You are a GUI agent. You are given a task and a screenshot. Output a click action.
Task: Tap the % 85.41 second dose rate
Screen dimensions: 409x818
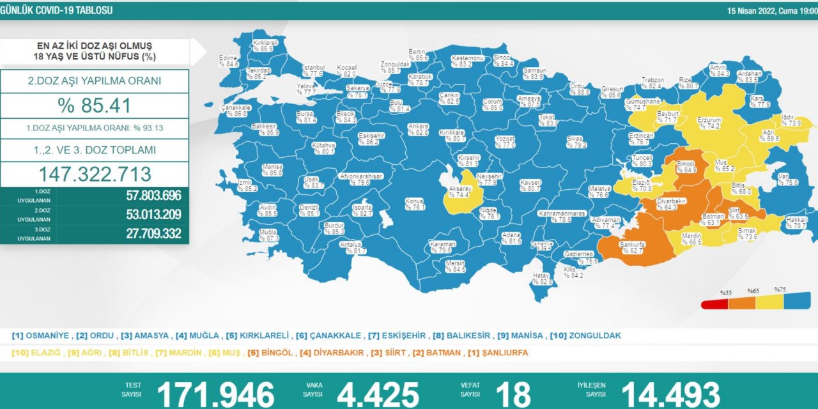pyautogui.click(x=94, y=105)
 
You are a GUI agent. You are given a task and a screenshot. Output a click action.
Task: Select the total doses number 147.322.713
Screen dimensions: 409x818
pyautogui.click(x=95, y=174)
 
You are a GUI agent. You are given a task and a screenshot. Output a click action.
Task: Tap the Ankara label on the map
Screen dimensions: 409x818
pyautogui.click(x=418, y=130)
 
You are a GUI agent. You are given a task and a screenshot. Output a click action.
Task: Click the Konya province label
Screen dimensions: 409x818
pyautogui.click(x=415, y=204)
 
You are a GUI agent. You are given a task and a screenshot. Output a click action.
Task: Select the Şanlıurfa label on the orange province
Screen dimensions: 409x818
pyautogui.click(x=631, y=247)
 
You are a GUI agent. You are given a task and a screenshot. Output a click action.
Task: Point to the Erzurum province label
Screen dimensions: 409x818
pyautogui.click(x=709, y=123)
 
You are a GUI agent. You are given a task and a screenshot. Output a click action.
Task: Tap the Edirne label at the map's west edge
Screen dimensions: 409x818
pyautogui.click(x=228, y=61)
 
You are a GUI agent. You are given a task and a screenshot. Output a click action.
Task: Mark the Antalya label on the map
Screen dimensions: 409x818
pyautogui.click(x=351, y=247)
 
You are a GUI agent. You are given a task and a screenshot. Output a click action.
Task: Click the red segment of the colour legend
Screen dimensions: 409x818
pyautogui.click(x=714, y=304)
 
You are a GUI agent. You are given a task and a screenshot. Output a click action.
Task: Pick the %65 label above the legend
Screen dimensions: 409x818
pyautogui.click(x=753, y=291)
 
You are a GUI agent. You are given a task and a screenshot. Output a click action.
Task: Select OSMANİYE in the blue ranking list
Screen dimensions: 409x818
pyautogui.click(x=48, y=336)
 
